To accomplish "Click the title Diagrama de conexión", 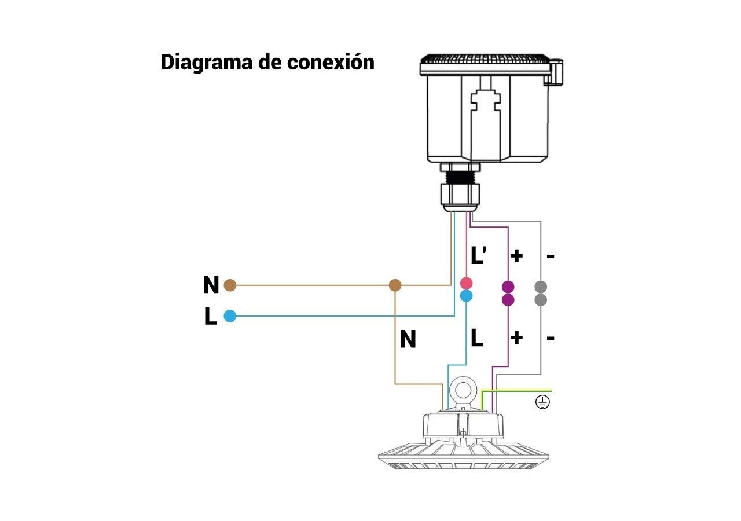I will (267, 62).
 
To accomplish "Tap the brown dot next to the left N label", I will (230, 285).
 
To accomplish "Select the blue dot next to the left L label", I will (230, 316).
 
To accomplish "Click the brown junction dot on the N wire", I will (395, 285).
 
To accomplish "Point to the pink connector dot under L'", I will (466, 283).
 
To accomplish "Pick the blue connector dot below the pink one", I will (466, 296).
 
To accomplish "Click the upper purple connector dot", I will (508, 287).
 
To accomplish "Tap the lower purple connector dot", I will (508, 299).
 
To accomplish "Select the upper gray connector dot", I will (541, 287).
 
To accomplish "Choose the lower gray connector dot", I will (541, 299).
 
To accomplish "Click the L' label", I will (478, 255).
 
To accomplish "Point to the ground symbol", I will (542, 402).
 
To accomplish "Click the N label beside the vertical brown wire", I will (408, 340).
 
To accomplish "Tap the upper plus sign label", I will (516, 255).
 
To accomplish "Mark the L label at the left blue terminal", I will (211, 317).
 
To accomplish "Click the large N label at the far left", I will (211, 285).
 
